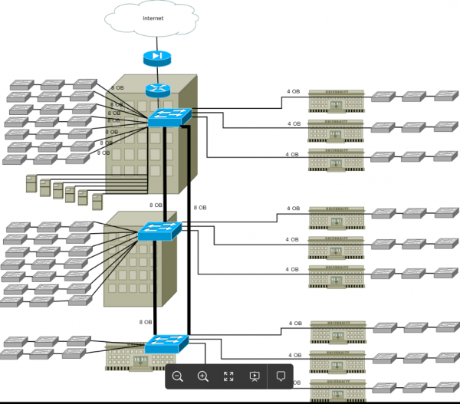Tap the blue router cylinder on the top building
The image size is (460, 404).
[x=157, y=89]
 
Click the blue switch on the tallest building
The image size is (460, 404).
[x=169, y=117]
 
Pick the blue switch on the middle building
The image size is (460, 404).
[x=159, y=231]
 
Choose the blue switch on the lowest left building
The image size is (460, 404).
[x=166, y=344]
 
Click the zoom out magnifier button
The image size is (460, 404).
[x=178, y=376]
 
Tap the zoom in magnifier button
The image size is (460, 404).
[x=203, y=376]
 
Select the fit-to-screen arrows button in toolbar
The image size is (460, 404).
[x=228, y=376]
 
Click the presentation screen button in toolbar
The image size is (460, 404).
[x=255, y=376]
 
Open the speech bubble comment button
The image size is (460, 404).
[x=281, y=376]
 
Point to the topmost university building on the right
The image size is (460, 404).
[x=336, y=100]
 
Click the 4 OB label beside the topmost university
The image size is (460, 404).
[x=294, y=92]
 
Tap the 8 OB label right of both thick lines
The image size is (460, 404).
[x=200, y=208]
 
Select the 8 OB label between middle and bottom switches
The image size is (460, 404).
[x=146, y=322]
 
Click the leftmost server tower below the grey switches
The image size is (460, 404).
[x=31, y=183]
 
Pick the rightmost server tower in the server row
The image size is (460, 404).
[x=97, y=202]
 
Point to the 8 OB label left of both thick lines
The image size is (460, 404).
[x=156, y=205]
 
